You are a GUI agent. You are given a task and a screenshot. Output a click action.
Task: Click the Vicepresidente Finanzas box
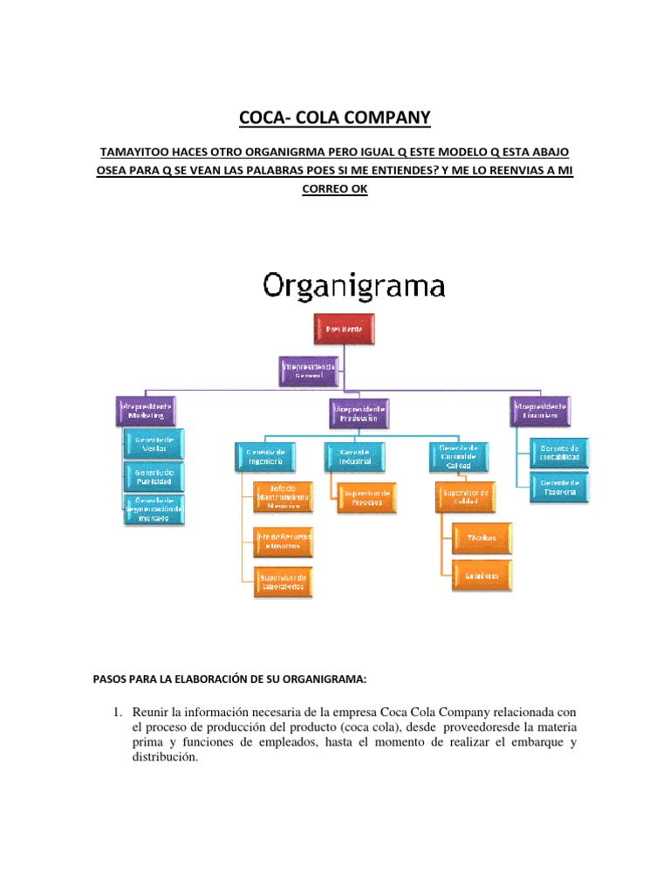[x=541, y=411]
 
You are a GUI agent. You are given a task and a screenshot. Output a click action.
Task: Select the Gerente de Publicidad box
[x=154, y=476]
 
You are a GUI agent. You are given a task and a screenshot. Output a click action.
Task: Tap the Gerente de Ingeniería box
[x=264, y=454]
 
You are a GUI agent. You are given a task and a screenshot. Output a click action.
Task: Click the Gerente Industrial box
[x=355, y=454]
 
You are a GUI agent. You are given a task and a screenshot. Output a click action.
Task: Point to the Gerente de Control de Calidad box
[x=459, y=455]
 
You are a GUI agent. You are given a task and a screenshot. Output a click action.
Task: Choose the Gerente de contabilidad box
[x=559, y=452]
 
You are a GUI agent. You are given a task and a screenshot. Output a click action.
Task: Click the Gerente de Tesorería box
[x=559, y=486]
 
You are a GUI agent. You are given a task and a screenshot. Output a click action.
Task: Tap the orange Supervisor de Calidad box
[x=466, y=497]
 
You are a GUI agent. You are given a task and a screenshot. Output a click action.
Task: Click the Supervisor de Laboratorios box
[x=282, y=581]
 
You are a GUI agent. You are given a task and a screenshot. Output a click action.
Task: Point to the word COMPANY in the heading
[x=376, y=118]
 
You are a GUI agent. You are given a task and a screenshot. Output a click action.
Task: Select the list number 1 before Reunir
[x=118, y=712]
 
